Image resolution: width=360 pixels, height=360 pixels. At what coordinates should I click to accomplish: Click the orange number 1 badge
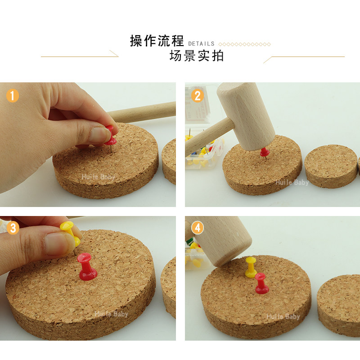tap(13, 95)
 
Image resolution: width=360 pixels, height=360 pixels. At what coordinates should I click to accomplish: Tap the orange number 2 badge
tap(198, 95)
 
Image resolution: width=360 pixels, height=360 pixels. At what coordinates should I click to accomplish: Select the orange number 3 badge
tap(13, 228)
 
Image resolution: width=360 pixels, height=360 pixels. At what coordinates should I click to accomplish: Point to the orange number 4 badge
tap(198, 228)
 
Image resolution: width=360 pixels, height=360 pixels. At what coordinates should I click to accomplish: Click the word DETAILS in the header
tap(201, 44)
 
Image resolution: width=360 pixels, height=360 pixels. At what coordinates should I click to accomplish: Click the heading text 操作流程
tap(157, 41)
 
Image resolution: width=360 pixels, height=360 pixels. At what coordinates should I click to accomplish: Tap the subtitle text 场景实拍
tap(197, 56)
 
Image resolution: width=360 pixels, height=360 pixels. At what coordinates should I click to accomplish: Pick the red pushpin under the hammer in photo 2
tap(264, 153)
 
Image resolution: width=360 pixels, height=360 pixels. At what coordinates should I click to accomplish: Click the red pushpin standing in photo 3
tap(87, 267)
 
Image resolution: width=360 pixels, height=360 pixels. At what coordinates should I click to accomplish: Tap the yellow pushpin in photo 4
tap(251, 267)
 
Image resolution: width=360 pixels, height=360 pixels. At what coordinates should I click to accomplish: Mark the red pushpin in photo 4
tap(261, 284)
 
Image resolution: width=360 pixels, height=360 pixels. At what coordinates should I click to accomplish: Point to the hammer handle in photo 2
tap(208, 137)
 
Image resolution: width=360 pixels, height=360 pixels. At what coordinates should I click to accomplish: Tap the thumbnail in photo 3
tap(56, 243)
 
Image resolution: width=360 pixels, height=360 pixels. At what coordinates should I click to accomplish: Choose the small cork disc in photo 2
tap(331, 166)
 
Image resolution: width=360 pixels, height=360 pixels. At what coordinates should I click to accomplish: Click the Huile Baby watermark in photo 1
tap(98, 177)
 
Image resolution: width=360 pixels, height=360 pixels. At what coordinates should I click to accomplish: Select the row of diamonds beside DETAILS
tap(244, 44)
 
